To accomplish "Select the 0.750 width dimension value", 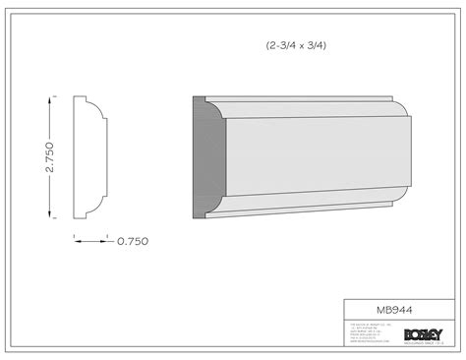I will [132, 239].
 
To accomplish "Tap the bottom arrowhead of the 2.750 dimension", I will [52, 216].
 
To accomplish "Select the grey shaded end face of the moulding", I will [206, 157].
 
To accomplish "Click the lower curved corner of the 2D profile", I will [96, 208].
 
